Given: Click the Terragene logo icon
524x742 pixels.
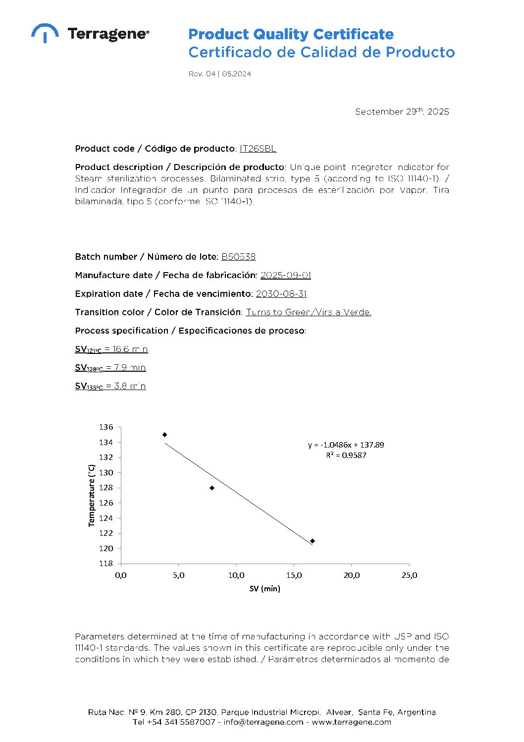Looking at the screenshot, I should [45, 33].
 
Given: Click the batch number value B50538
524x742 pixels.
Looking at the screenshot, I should [238, 257].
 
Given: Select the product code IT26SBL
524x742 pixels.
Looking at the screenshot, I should [258, 149].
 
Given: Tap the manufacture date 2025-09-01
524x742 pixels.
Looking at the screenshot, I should [286, 275].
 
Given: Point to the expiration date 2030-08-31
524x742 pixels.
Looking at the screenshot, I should [281, 294].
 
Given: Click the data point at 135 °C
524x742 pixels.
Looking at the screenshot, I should [165, 435].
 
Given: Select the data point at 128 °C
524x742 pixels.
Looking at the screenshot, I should [212, 488].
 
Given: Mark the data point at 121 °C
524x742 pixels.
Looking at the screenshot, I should [313, 541].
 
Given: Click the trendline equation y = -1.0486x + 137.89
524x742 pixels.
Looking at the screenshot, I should [346, 445].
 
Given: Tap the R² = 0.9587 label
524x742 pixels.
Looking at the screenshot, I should [346, 456].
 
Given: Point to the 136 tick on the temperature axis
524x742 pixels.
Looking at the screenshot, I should [106, 427].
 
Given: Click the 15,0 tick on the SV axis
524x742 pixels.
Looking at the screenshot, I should [294, 575].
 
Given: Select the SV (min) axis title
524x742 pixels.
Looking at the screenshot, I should [264, 589].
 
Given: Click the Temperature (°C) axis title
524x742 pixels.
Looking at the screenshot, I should [92, 495].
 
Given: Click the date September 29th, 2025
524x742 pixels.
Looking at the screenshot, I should [402, 112].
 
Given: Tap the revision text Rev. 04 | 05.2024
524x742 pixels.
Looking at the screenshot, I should [219, 74].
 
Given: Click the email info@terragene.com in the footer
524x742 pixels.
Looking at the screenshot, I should [263, 722].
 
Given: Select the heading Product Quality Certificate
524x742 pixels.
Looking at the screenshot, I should [291, 34].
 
